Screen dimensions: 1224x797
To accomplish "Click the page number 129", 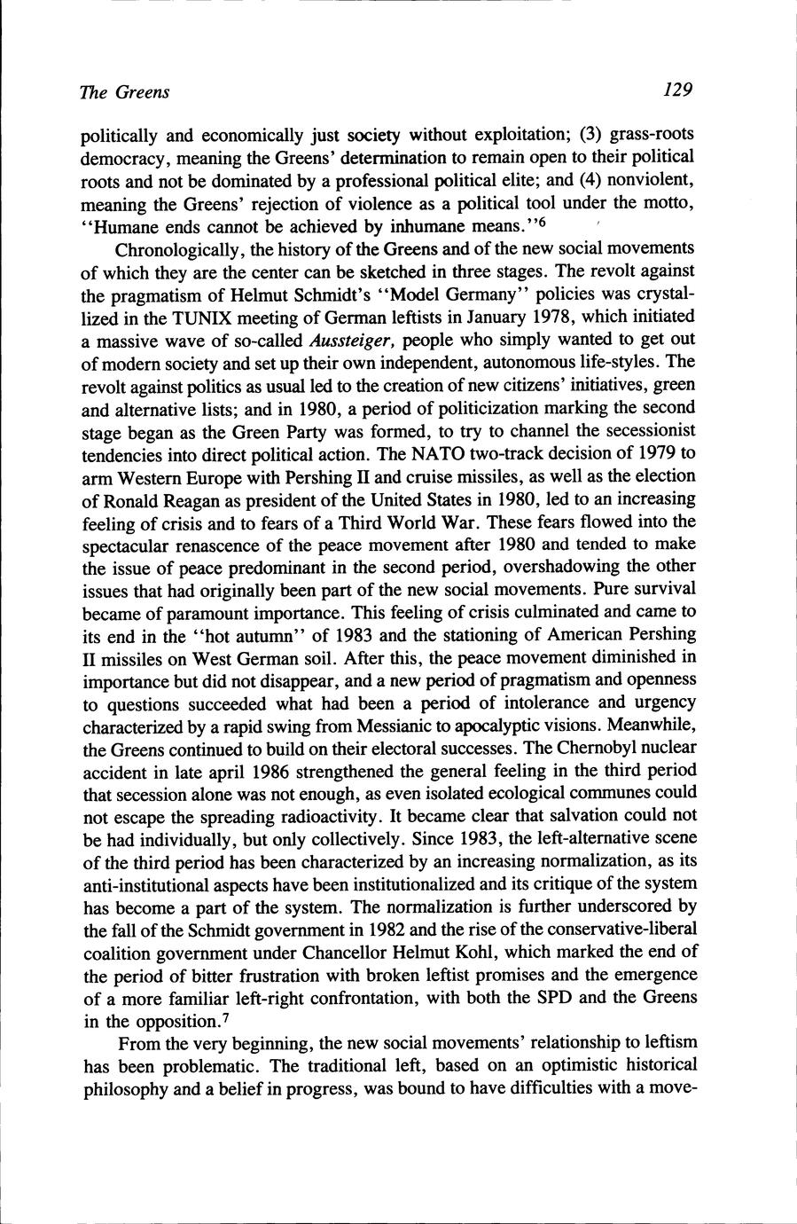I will click(675, 90).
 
